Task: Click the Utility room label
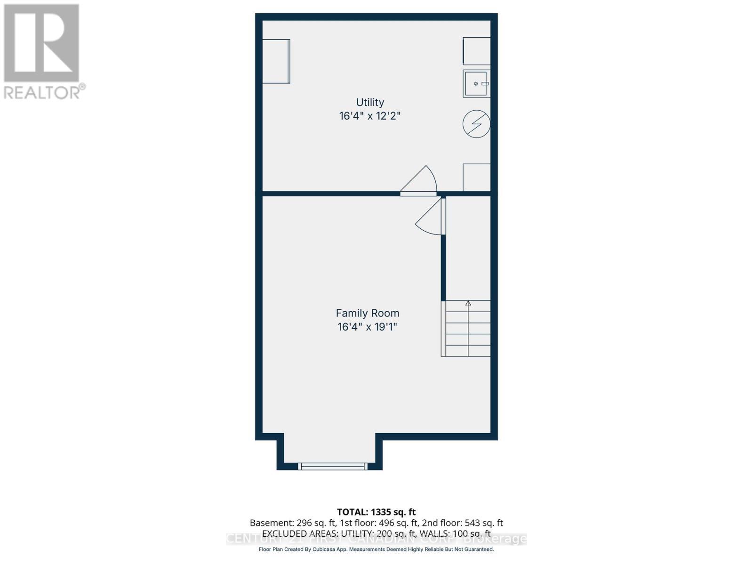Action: tap(370, 102)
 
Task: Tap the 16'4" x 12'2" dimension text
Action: tap(370, 116)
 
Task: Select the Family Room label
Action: tap(368, 313)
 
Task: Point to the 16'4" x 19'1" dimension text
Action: tap(368, 327)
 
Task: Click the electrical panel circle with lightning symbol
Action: tap(476, 124)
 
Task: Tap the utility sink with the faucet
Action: tap(476, 84)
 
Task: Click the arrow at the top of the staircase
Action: tap(468, 304)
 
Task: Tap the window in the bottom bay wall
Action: tap(333, 467)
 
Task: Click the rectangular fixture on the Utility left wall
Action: tap(276, 61)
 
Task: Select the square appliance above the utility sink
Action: tap(476, 51)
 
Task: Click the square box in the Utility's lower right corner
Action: tap(476, 178)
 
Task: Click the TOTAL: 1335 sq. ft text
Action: tap(376, 512)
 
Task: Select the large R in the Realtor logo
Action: tap(41, 43)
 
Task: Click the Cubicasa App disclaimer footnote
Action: tap(376, 549)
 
